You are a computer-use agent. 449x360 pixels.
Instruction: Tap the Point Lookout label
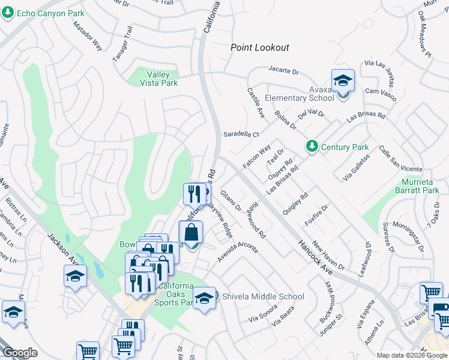pos(260,47)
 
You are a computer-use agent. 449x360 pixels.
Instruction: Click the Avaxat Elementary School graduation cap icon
pos(343,80)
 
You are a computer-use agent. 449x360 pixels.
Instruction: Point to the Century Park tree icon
pos(312,146)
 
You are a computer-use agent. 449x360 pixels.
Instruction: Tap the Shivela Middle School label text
pos(263,296)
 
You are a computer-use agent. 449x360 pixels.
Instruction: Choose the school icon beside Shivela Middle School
pos(204,298)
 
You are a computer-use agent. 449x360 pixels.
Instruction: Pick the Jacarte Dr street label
pos(283,71)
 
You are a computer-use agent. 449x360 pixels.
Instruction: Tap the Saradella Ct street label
pos(241,134)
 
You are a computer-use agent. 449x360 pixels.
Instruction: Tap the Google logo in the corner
pos(20,353)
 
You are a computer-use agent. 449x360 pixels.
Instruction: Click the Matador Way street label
pos(88,37)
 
